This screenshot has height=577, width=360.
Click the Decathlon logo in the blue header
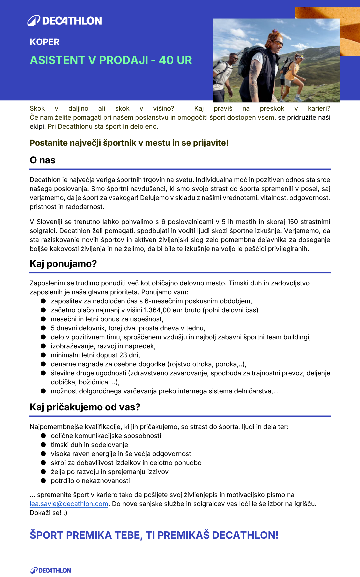click(65, 21)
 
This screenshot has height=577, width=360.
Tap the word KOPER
click(44, 42)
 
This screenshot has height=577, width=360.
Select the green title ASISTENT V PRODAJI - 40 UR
click(111, 60)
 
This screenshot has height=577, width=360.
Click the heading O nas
click(43, 160)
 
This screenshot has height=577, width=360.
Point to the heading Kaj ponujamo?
click(63, 264)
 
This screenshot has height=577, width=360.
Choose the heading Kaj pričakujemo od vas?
click(85, 407)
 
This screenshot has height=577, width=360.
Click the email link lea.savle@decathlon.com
click(69, 504)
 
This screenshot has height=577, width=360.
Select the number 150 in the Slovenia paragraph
click(293, 222)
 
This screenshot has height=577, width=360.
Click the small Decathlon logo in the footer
click(51, 570)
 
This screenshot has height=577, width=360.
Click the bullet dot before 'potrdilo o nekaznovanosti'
click(43, 481)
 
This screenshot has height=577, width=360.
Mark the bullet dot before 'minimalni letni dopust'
click(43, 355)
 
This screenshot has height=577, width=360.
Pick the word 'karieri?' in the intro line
click(319, 108)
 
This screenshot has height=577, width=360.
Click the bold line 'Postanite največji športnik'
click(129, 143)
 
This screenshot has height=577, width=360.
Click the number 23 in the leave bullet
click(123, 355)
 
